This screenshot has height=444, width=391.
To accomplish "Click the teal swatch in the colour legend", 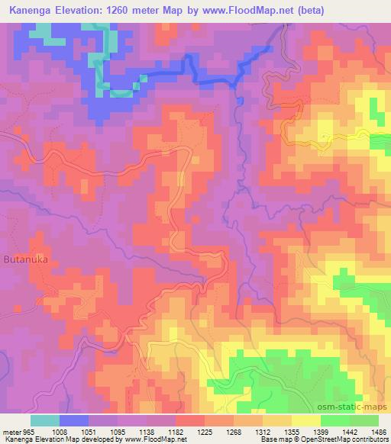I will click(45, 420).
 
